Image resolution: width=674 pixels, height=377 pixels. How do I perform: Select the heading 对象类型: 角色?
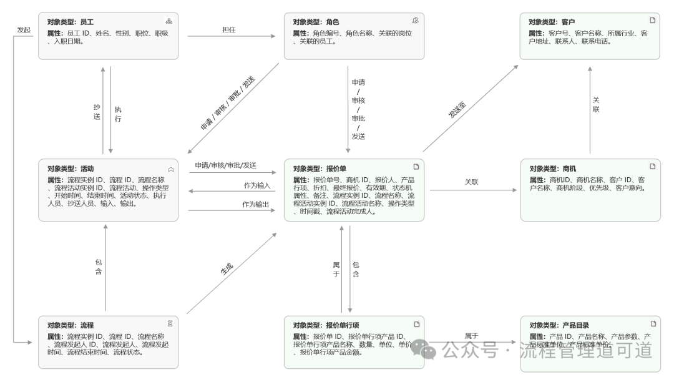[x=316, y=21]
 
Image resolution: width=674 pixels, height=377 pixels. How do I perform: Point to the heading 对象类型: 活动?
[x=70, y=168]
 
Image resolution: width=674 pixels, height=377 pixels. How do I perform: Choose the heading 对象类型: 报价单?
[x=320, y=168]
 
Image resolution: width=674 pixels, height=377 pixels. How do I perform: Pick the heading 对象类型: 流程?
[x=70, y=325]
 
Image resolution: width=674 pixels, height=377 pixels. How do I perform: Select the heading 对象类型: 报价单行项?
[x=324, y=325]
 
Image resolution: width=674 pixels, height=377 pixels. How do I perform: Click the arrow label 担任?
[x=229, y=29]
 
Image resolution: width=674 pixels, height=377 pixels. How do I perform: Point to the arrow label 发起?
[x=23, y=29]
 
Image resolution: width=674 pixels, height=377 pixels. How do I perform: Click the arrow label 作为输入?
[x=257, y=185]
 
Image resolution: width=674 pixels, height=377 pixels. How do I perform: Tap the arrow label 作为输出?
[x=257, y=204]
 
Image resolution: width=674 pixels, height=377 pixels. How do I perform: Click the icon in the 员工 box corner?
[x=168, y=21]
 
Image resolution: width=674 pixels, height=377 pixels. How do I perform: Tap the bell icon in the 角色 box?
[x=415, y=21]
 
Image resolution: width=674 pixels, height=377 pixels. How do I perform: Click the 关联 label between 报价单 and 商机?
[x=471, y=182]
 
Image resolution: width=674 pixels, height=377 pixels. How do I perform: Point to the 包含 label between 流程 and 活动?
[x=99, y=267]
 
